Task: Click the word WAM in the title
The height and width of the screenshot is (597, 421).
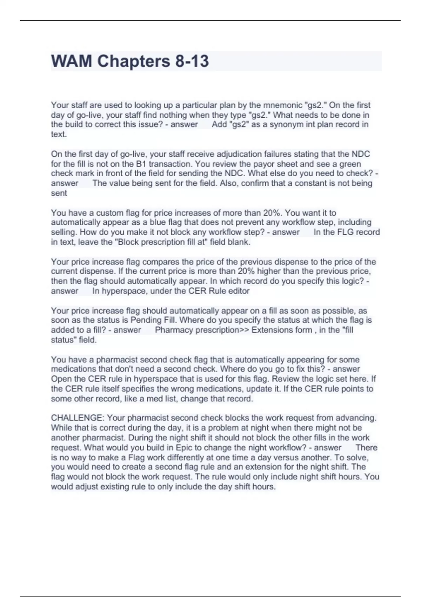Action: click(72, 61)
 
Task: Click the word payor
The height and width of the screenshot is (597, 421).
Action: click(264, 164)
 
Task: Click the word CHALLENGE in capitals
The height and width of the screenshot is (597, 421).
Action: click(77, 418)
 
